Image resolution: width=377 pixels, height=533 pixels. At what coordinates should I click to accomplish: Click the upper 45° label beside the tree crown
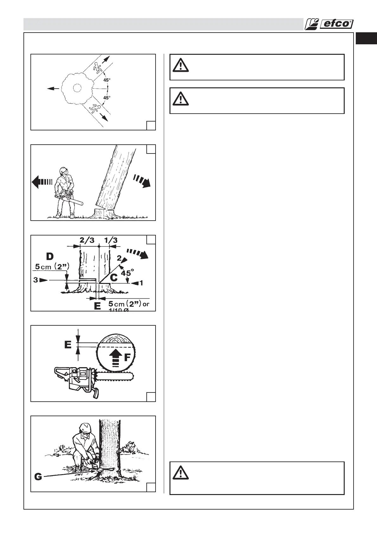(x=107, y=80)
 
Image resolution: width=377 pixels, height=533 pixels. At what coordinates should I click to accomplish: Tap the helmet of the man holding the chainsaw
(x=63, y=170)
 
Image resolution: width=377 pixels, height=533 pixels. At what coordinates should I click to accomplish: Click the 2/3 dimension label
(x=87, y=240)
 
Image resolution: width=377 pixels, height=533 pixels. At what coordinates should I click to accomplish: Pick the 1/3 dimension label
(x=111, y=240)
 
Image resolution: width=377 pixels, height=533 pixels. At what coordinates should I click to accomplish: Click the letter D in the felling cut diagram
(x=49, y=256)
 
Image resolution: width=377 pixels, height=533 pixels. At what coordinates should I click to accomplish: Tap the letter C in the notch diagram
(x=113, y=278)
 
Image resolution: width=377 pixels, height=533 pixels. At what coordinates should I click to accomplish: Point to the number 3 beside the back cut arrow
(x=35, y=280)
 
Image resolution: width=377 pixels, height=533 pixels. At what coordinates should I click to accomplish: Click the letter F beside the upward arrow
(x=127, y=358)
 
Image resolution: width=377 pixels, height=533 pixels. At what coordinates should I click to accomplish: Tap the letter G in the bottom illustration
(x=38, y=477)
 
